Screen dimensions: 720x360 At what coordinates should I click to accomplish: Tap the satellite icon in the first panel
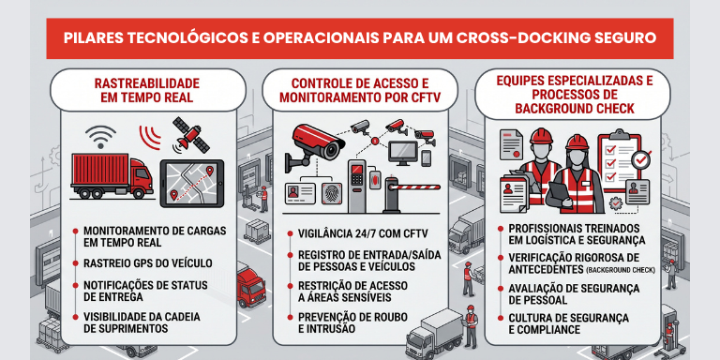click(190, 135)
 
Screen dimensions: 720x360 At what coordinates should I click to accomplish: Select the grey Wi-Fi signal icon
click(100, 136)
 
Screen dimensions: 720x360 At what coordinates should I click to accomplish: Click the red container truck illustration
click(112, 176)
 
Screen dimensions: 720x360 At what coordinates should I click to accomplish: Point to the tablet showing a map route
click(191, 183)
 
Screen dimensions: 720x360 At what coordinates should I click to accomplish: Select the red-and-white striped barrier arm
click(417, 187)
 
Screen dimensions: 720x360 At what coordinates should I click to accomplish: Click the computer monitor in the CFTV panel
click(403, 153)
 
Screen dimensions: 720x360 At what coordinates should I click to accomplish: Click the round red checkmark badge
click(640, 159)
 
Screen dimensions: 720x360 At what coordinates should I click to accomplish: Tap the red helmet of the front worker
click(577, 142)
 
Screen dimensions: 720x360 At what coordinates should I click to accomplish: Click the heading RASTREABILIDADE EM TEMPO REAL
click(147, 90)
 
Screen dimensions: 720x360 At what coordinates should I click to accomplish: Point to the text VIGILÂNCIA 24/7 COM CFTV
click(363, 233)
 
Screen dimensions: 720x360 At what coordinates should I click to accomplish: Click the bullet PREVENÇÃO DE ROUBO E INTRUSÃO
click(352, 322)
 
